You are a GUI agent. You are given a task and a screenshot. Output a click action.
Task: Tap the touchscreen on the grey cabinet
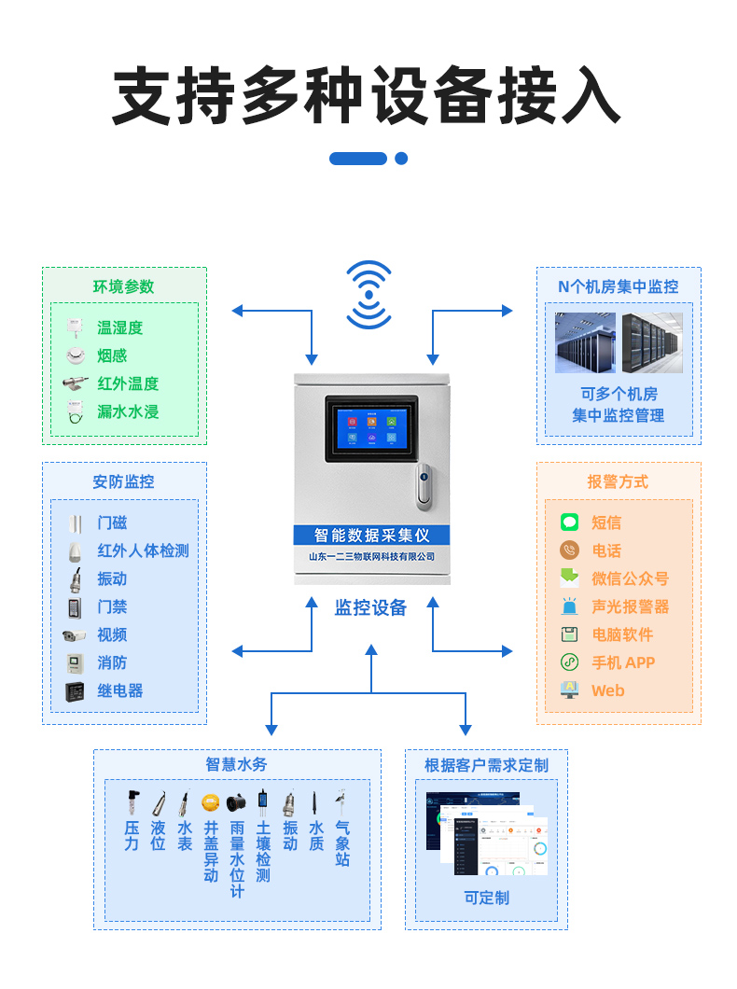point(371,429)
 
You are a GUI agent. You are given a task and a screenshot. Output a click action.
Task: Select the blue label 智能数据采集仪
point(371,536)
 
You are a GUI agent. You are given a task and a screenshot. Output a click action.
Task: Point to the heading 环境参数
point(123,286)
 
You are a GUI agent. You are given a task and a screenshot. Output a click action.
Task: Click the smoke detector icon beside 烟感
point(75,355)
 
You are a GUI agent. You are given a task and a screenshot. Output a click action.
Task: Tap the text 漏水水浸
point(128,411)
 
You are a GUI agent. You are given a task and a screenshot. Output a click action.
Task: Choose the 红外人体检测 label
point(143,550)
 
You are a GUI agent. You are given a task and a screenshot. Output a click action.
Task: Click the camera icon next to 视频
point(75,635)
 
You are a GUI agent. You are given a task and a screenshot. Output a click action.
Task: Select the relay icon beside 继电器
point(75,691)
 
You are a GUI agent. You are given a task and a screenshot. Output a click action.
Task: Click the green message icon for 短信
point(569,522)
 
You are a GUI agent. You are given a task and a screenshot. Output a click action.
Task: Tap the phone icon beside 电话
point(569,550)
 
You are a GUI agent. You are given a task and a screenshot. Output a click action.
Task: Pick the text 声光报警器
point(630,606)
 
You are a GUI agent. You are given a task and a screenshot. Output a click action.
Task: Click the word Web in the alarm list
point(607,690)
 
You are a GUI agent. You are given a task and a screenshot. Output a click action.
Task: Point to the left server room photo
point(585,343)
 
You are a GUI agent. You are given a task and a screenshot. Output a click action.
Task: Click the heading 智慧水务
point(236,764)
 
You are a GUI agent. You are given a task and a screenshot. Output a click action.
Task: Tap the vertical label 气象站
point(342,843)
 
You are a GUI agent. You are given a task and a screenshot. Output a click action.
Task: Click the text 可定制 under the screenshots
point(486,898)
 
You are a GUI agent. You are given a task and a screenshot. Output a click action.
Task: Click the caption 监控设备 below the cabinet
point(370,607)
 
